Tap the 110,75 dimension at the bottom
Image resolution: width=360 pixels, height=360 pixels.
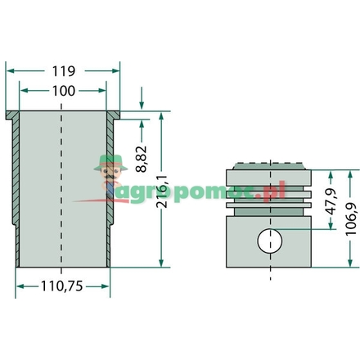coord(63,286)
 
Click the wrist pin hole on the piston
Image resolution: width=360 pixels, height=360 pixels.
coord(269,242)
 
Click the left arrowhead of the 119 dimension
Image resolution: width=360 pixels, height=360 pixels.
coord(9,71)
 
